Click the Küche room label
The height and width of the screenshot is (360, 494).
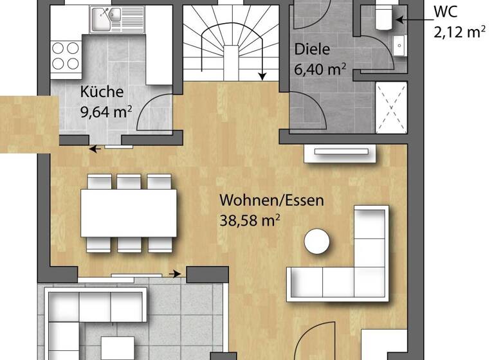101,92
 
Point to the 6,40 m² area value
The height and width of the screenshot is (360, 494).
321,68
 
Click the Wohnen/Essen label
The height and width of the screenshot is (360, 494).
271,200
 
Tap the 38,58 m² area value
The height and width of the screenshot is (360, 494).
250,221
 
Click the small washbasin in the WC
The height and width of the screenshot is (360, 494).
400,46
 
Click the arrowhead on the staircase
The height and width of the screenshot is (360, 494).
262,76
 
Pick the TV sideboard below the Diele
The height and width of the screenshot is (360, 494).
341,152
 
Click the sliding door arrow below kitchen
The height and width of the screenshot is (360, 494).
95,149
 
